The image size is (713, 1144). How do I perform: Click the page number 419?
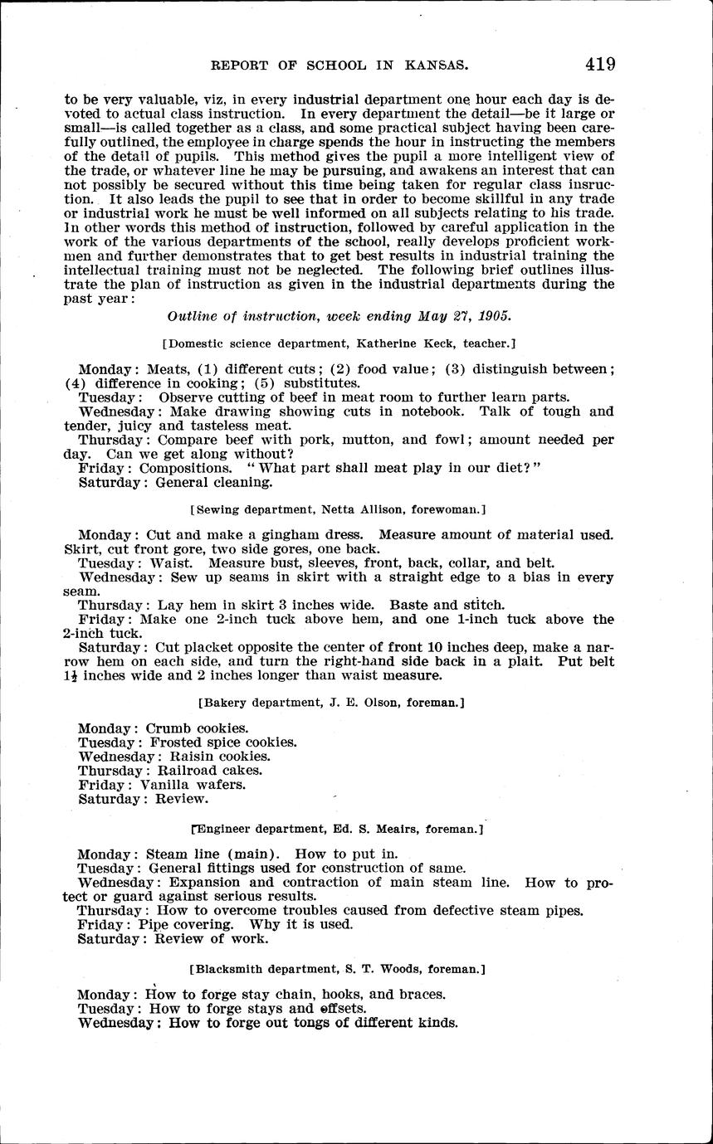[598, 64]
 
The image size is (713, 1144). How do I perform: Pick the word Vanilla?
[168, 784]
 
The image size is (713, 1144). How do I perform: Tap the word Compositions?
[185, 468]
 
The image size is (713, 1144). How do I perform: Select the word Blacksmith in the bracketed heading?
[227, 968]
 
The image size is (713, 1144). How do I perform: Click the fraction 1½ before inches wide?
[72, 675]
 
